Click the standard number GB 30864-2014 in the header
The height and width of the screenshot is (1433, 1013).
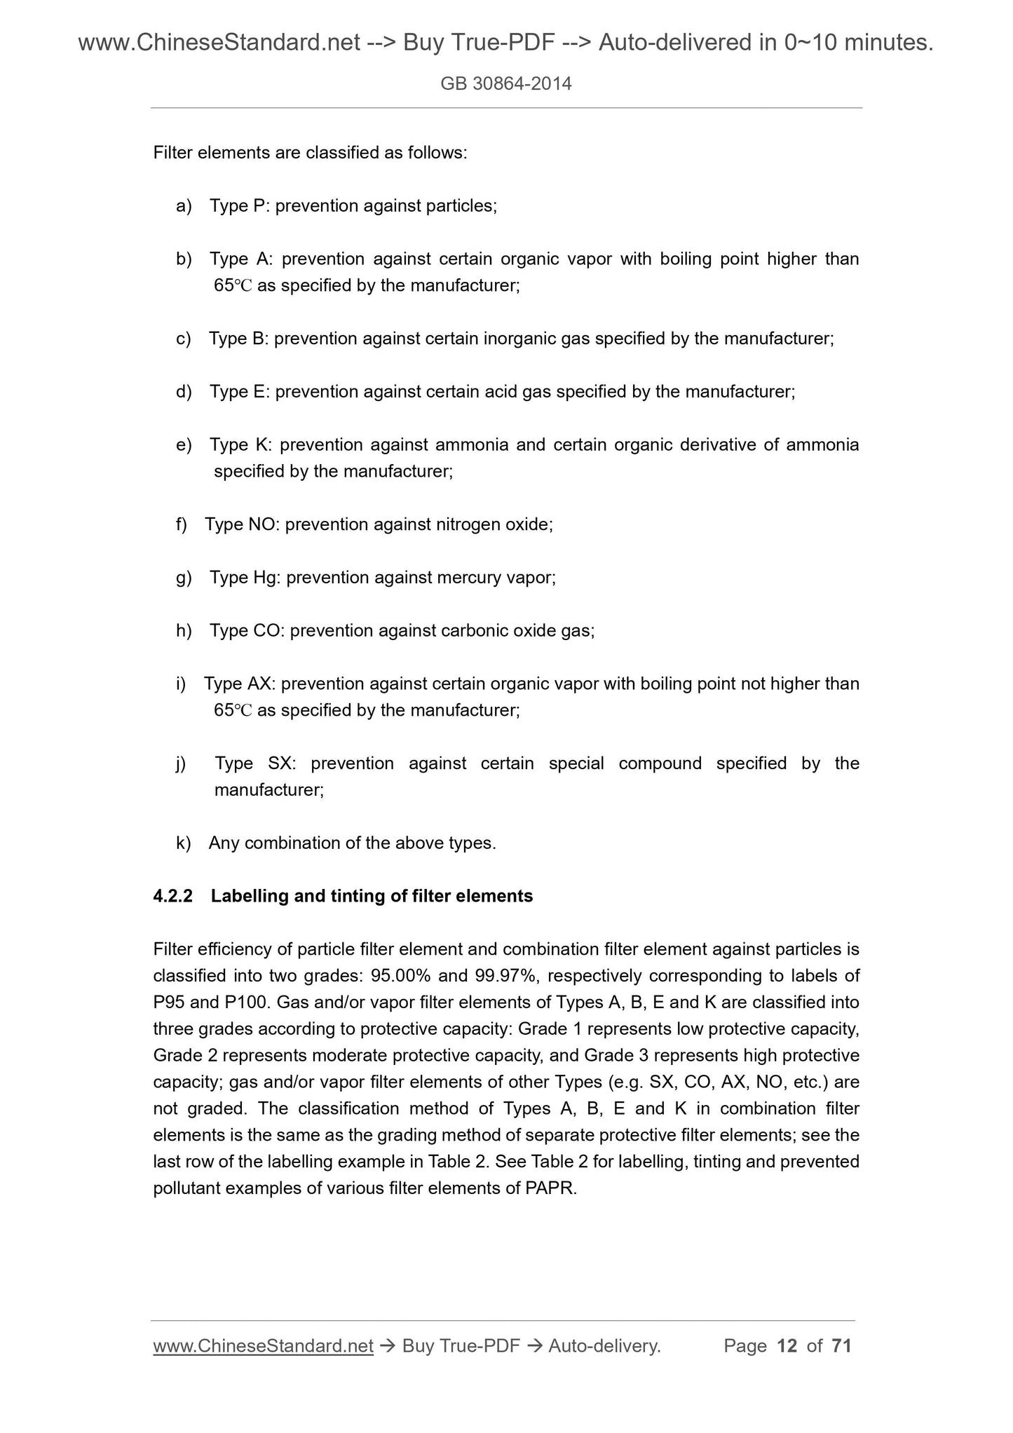[506, 84]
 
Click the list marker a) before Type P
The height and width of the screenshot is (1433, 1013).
[184, 206]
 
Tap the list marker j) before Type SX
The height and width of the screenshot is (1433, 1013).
[182, 763]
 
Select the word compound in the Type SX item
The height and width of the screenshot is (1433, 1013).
[660, 763]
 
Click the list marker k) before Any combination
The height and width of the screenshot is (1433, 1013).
[184, 843]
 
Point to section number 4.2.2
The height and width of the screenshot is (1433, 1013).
[172, 896]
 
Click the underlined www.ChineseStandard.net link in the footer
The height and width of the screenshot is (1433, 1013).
[263, 1345]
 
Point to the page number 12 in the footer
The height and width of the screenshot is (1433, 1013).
[787, 1345]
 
